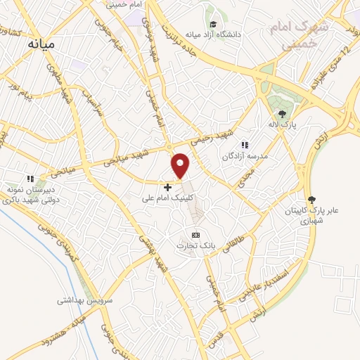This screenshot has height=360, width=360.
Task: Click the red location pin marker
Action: click(181, 165)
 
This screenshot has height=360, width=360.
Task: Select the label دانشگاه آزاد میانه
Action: click(214, 34)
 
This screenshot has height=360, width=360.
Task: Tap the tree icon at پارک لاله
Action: click(282, 113)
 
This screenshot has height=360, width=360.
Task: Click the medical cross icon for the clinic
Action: click(167, 188)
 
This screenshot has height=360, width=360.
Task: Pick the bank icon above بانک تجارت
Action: click(195, 235)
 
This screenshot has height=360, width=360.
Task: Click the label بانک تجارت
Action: click(197, 245)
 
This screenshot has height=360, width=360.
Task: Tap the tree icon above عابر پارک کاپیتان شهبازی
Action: click(312, 200)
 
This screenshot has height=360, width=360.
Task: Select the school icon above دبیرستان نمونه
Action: click(30, 179)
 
